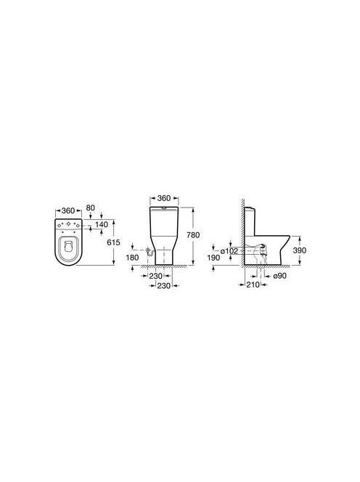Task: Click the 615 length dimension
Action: [x=113, y=242]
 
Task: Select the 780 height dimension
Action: [x=193, y=235]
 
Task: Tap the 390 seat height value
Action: [x=300, y=250]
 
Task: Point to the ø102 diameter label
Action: [x=229, y=251]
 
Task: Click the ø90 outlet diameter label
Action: [x=279, y=276]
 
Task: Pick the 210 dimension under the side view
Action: [x=253, y=285]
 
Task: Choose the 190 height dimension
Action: [x=213, y=258]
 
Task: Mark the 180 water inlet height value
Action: [x=133, y=258]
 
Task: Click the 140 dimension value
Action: [x=102, y=224]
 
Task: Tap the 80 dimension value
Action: [x=91, y=208]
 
